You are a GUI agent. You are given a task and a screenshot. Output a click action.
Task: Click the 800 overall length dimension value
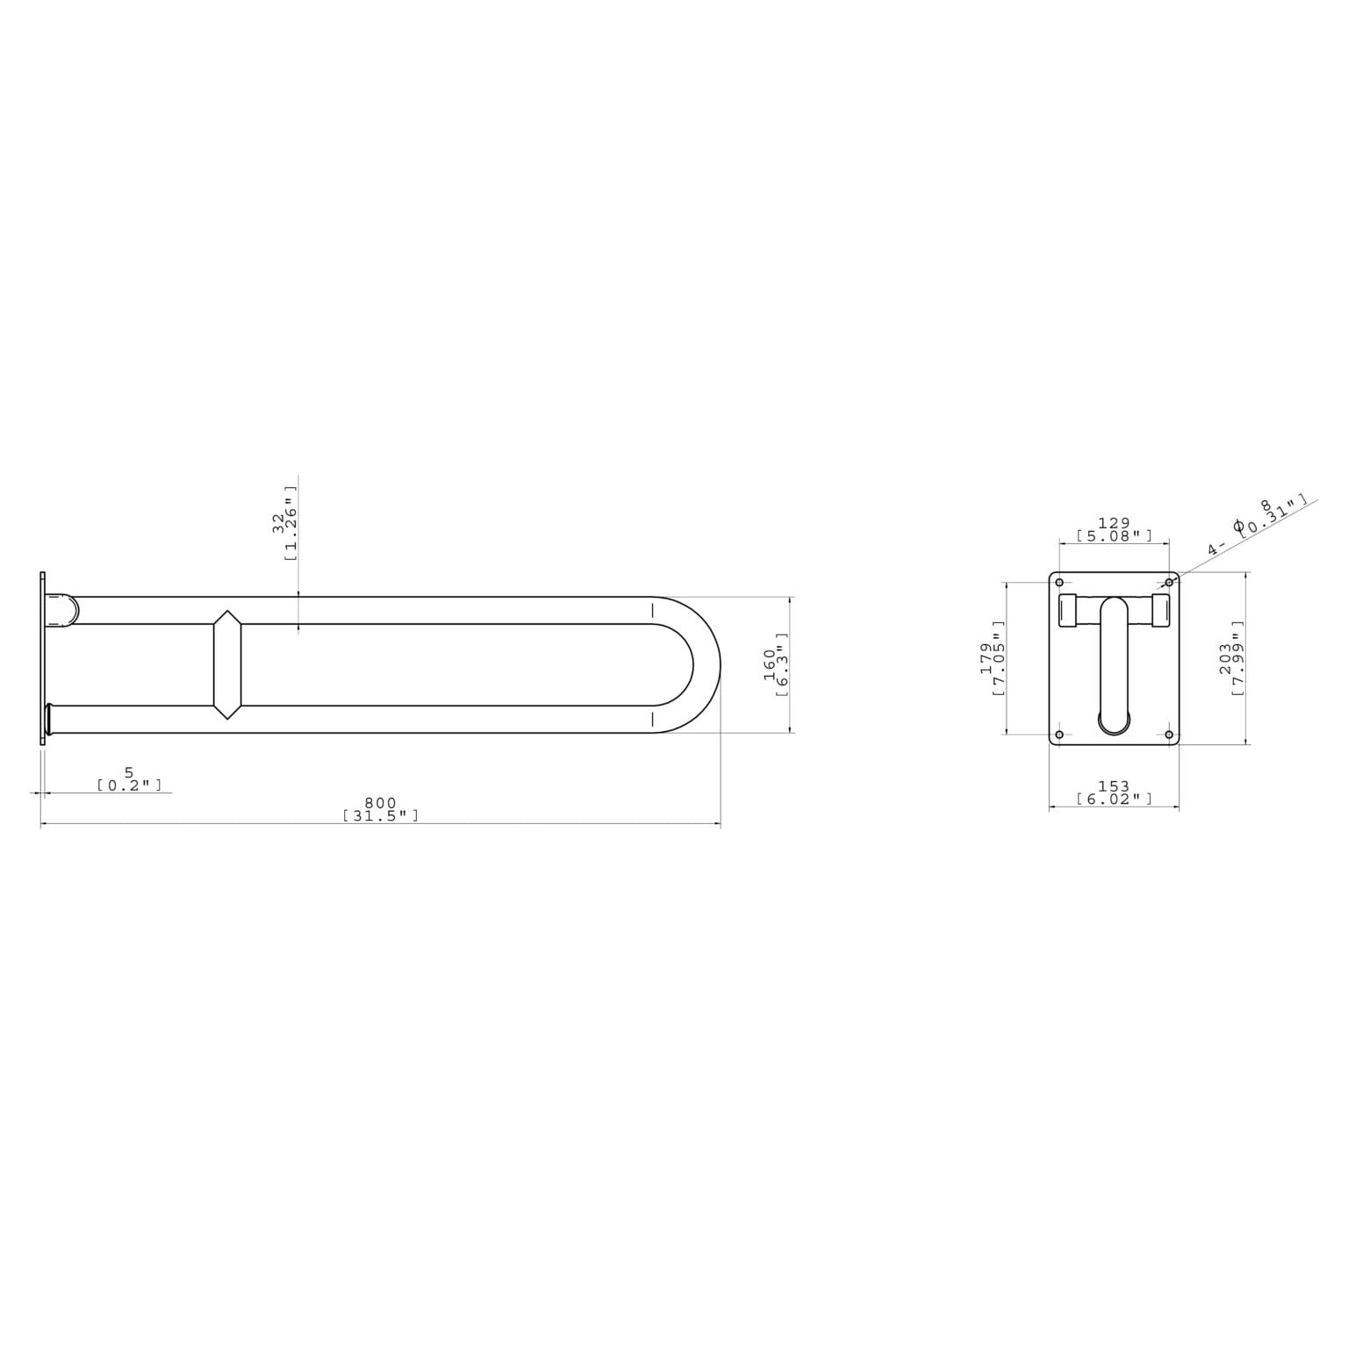380,802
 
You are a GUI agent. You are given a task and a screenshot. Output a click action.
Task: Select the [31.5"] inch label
380,815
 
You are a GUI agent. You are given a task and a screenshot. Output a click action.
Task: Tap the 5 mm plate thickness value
129,772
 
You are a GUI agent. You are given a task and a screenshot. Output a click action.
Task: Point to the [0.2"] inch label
129,785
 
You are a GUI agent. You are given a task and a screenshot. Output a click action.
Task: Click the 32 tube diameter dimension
279,523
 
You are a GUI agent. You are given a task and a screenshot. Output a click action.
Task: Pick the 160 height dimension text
770,663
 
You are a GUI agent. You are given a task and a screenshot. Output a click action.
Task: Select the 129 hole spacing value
1114,523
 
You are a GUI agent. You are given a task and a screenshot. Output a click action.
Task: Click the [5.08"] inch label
1114,535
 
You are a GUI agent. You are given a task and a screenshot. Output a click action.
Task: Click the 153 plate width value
1114,786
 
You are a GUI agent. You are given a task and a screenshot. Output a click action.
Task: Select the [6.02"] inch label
1114,799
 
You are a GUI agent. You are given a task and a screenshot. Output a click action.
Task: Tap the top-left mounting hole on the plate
1059,583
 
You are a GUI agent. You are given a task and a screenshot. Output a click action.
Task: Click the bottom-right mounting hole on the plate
1168,735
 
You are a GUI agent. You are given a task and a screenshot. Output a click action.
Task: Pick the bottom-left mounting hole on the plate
1059,735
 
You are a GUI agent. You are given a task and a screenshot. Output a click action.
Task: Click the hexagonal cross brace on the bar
227,664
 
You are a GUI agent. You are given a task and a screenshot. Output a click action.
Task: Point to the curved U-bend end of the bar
706,664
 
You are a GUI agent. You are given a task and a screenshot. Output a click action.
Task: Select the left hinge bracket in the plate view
1068,611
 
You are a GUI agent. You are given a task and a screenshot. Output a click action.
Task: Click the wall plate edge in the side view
42,658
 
